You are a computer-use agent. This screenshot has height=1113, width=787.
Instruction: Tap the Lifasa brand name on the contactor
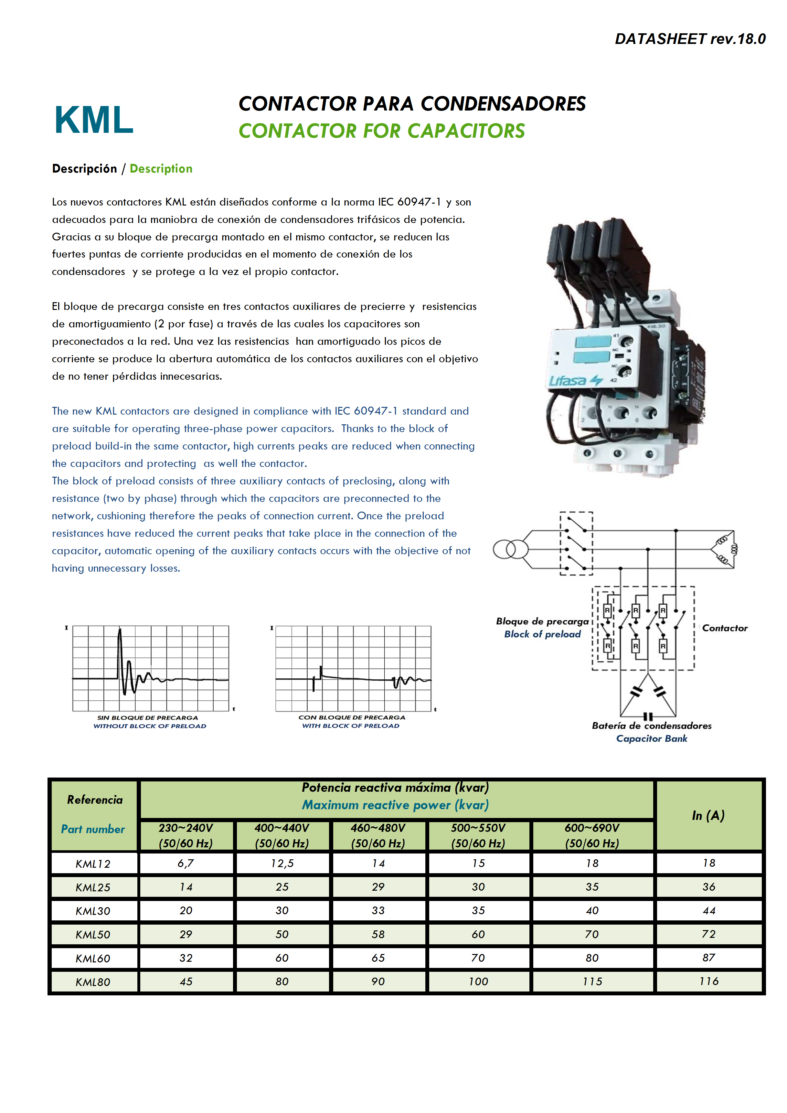[x=567, y=381]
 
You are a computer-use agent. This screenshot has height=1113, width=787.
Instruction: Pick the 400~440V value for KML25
[x=282, y=887]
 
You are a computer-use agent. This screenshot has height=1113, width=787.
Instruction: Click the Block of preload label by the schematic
[x=542, y=634]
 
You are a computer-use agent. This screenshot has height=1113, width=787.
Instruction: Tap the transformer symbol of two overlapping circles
[x=510, y=550]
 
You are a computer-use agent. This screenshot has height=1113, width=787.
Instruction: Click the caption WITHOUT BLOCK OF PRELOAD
[x=150, y=726]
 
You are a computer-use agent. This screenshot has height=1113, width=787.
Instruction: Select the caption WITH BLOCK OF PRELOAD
[x=351, y=726]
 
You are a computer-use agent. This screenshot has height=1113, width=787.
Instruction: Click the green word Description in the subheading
[x=161, y=169]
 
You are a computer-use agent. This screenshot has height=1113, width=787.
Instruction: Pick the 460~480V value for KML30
[x=378, y=911]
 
